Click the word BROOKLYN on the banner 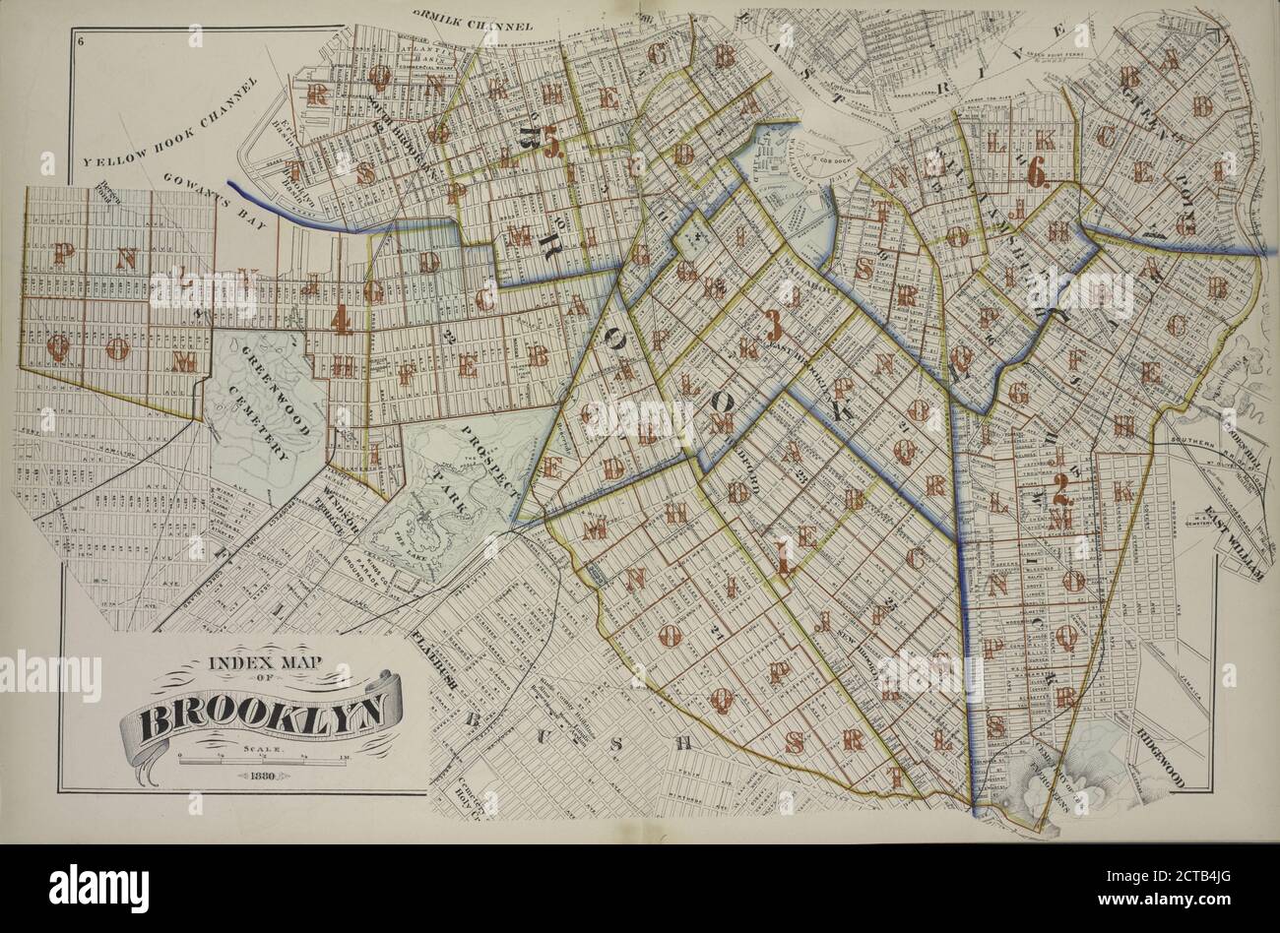click(260, 716)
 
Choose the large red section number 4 click(341, 320)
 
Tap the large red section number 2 click(1060, 486)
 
